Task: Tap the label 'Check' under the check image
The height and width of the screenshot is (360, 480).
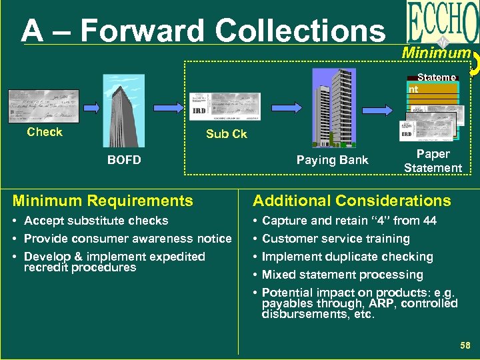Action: pyautogui.click(x=45, y=132)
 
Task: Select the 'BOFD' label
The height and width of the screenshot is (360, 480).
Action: pyautogui.click(x=124, y=160)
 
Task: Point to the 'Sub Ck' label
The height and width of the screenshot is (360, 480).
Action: pyautogui.click(x=226, y=134)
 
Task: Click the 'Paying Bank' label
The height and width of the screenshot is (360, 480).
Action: pyautogui.click(x=332, y=160)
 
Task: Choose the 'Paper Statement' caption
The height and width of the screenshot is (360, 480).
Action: pyautogui.click(x=433, y=161)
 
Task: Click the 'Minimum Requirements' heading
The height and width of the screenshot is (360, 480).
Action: pyautogui.click(x=103, y=201)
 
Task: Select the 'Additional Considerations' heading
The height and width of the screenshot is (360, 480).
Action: pyautogui.click(x=351, y=201)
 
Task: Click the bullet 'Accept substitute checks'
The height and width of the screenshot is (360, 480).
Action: pyautogui.click(x=96, y=221)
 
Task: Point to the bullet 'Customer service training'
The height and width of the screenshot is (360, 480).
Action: pyautogui.click(x=335, y=239)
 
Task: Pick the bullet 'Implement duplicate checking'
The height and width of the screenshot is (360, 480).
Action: pyautogui.click(x=347, y=257)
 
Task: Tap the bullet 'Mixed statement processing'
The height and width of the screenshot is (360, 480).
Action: pyautogui.click(x=342, y=275)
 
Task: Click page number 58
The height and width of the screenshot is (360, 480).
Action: pyautogui.click(x=465, y=345)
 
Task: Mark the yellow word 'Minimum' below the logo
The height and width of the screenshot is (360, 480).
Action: pyautogui.click(x=436, y=53)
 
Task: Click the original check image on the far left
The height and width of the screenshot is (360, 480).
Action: pyautogui.click(x=43, y=106)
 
